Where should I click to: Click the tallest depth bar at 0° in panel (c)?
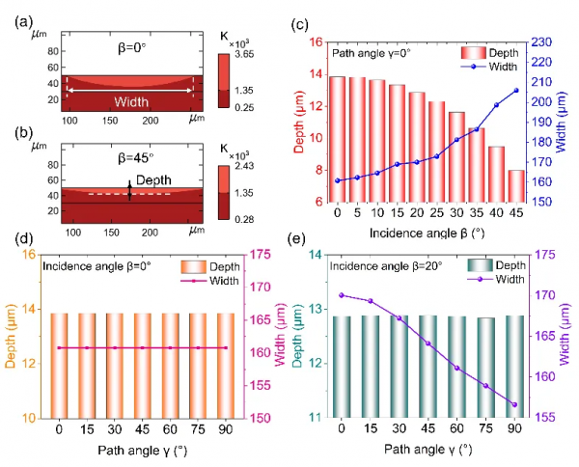[x=337, y=139]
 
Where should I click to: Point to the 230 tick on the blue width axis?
[x=539, y=42]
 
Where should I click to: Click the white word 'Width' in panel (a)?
[x=130, y=100]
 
